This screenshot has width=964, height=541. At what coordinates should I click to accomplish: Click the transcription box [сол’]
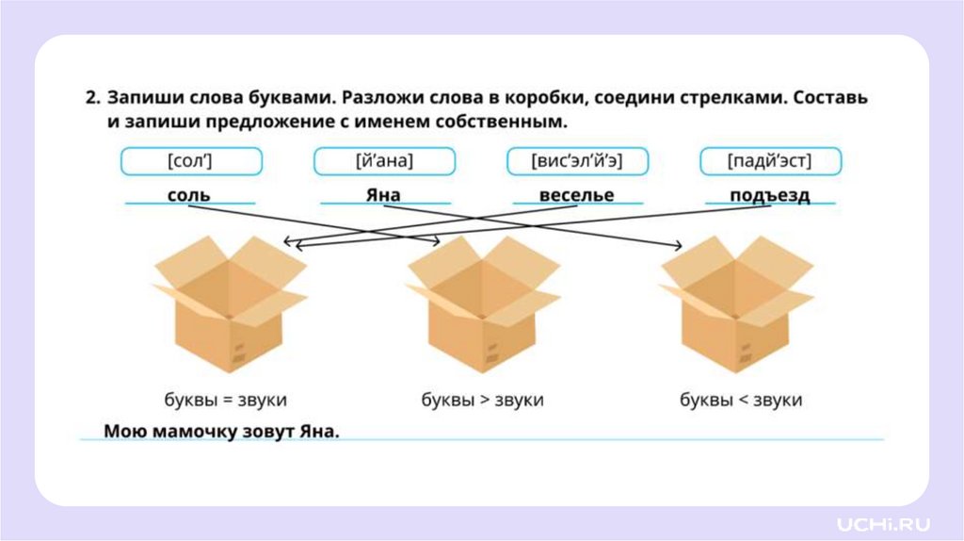[189, 161]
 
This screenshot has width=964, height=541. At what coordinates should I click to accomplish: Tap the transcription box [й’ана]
[384, 161]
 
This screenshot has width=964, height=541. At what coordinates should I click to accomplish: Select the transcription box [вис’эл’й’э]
[577, 161]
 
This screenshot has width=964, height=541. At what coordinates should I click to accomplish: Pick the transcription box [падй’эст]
[769, 161]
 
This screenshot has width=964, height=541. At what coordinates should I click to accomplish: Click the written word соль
[188, 195]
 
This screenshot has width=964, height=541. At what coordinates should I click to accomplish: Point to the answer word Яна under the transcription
[383, 195]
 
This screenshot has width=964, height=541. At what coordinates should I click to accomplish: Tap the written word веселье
[576, 195]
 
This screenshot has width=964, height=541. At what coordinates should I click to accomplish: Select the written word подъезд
[769, 195]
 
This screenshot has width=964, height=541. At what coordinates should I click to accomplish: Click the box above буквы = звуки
[230, 303]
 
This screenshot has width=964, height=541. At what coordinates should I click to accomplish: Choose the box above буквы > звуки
[483, 303]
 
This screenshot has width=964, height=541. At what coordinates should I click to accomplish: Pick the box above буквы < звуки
[737, 303]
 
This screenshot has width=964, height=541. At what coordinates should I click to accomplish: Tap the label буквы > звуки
[482, 400]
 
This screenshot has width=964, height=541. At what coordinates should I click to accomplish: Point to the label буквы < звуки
[741, 400]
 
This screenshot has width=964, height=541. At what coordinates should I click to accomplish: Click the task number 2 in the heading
[91, 98]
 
